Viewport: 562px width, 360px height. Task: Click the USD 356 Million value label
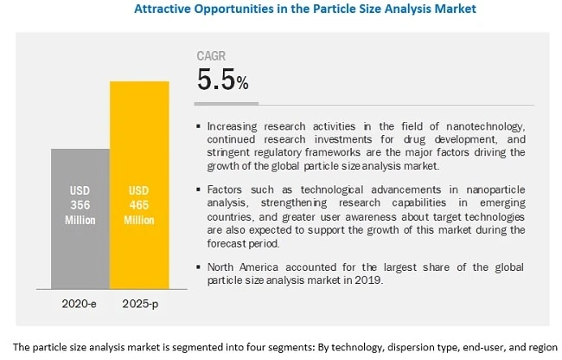coord(80,203)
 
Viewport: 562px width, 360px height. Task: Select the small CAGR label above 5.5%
coord(213,57)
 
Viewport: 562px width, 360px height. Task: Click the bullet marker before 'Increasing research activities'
coord(199,127)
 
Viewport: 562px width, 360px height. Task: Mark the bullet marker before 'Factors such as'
coord(199,189)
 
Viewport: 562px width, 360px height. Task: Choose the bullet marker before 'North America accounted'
coord(199,267)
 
